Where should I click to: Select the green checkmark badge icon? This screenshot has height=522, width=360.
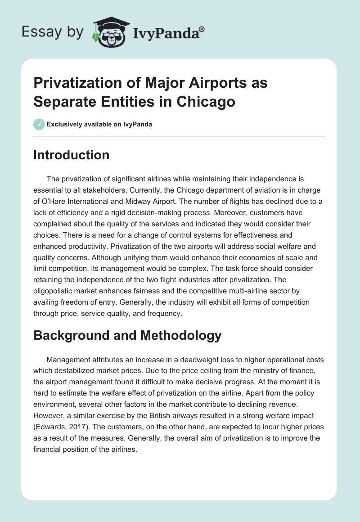[x=39, y=124]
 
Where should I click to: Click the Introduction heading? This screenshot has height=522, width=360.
[x=71, y=155]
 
